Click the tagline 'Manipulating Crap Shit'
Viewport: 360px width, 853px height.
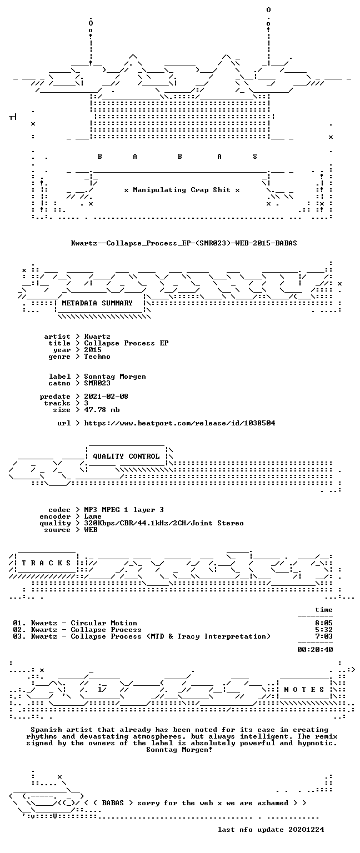[181, 190]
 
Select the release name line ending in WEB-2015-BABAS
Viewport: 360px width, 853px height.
[184, 243]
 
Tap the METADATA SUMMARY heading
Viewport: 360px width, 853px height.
[97, 303]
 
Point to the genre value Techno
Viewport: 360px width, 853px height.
[97, 357]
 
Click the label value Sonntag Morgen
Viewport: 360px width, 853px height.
[115, 377]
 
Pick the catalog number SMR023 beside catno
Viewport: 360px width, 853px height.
[97, 383]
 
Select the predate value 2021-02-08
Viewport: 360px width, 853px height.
[106, 397]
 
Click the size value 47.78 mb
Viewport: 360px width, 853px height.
[102, 410]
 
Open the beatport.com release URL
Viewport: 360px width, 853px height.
[179, 423]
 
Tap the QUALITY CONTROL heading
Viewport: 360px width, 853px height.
[126, 456]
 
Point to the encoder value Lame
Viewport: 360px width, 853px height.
[93, 516]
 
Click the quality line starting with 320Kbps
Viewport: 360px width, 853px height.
[164, 523]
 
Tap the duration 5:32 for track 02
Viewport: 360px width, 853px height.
[324, 629]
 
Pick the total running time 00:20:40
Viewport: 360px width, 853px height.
[315, 650]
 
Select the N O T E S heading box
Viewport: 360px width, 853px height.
[304, 690]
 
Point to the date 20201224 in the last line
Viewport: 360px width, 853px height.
[306, 829]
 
